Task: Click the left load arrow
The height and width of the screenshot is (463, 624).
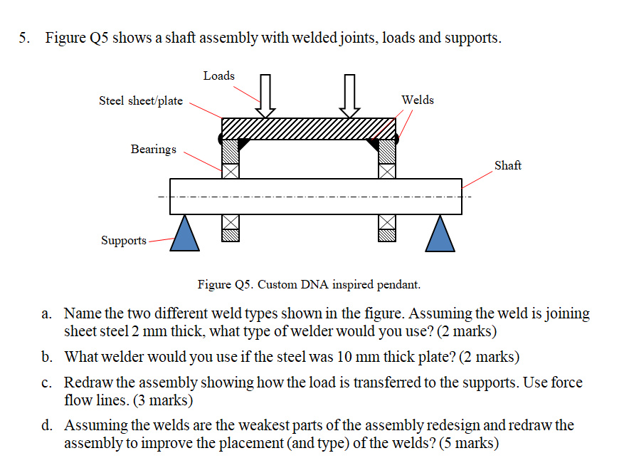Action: (x=266, y=96)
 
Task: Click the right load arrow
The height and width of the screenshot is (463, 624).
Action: (x=349, y=96)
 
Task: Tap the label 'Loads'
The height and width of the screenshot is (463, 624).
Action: (x=218, y=76)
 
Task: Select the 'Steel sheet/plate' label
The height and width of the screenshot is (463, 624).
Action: (x=141, y=100)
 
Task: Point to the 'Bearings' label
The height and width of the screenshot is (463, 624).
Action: (x=153, y=149)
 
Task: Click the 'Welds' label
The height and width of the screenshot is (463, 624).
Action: (x=417, y=100)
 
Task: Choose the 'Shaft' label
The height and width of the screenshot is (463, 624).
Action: (x=507, y=165)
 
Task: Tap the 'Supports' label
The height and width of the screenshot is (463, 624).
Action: (x=124, y=240)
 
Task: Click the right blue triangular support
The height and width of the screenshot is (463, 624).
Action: (x=440, y=234)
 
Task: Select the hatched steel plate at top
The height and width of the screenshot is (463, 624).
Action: (x=309, y=128)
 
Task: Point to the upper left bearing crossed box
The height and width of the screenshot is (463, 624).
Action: (x=230, y=171)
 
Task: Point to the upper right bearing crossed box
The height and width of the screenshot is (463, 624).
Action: (x=386, y=171)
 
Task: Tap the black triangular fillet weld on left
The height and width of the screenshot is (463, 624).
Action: (x=243, y=143)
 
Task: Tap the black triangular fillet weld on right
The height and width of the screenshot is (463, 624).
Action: (x=373, y=143)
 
